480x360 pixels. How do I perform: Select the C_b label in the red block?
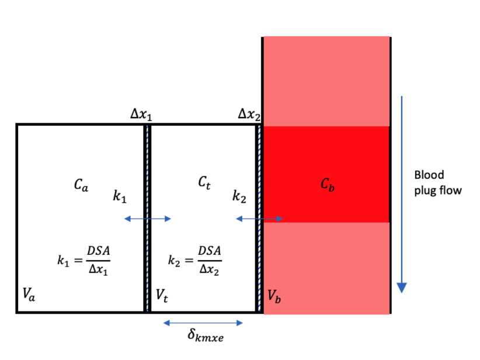(328, 185)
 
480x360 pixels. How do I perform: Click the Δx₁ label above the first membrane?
(141, 115)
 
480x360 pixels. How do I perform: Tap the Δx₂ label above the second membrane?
(249, 115)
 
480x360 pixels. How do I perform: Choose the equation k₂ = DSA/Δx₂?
(194, 259)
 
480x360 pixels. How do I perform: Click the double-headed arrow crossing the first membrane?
(148, 219)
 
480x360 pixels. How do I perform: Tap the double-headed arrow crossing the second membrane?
(259, 219)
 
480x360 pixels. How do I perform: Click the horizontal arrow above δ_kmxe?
(203, 322)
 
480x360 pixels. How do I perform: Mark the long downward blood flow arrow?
(401, 193)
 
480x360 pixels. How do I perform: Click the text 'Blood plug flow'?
(437, 182)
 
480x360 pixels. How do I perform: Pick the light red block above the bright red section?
(326, 81)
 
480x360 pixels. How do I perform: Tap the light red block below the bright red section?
(326, 268)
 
